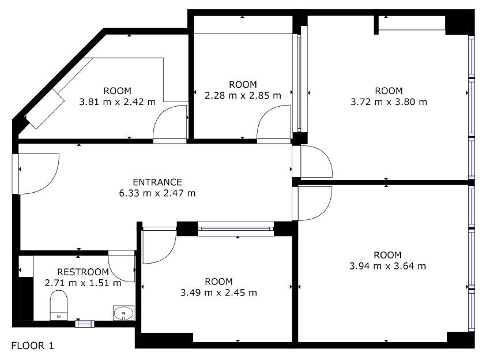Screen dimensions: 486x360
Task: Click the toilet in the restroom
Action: tap(59, 305)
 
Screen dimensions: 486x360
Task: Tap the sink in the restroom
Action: tap(124, 313)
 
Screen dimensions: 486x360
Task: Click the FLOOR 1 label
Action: tap(32, 346)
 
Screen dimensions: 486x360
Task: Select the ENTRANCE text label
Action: tap(157, 182)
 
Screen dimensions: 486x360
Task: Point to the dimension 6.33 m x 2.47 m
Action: tap(157, 193)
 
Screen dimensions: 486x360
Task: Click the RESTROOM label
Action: tap(83, 272)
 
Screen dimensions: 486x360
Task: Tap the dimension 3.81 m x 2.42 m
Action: tap(117, 102)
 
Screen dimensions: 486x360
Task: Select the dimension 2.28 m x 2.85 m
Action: tap(243, 95)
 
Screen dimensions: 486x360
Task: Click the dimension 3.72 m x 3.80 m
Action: tap(389, 102)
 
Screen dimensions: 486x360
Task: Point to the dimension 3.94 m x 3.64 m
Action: tap(387, 266)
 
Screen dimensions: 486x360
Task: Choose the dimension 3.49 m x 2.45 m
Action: tap(218, 292)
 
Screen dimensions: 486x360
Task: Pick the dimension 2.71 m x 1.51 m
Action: tap(83, 283)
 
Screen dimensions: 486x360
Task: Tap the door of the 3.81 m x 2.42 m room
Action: tap(170, 124)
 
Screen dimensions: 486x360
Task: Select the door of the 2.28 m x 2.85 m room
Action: tap(274, 124)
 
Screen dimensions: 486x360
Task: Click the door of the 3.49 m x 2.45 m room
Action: tap(159, 245)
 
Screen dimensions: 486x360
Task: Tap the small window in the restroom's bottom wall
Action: tap(85, 324)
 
